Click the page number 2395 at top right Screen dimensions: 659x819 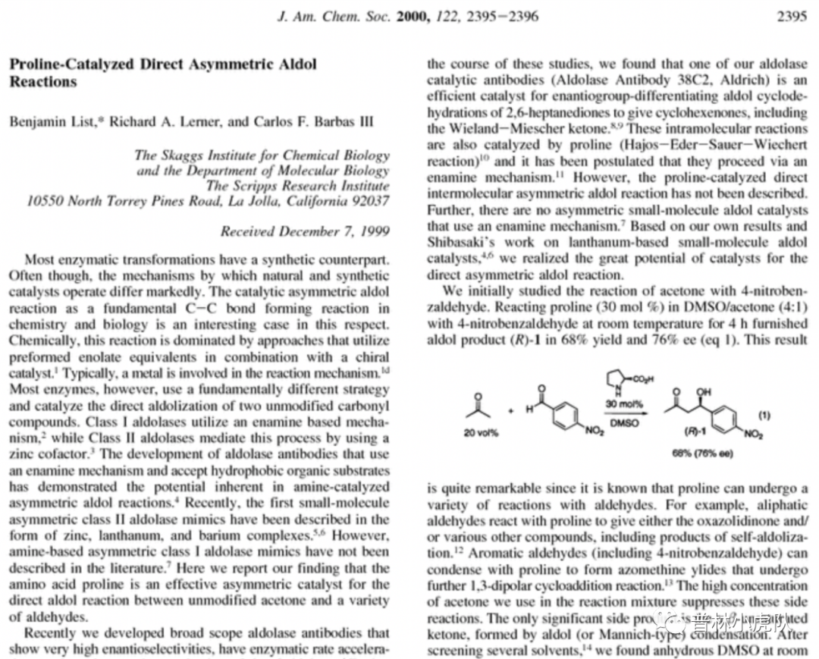coord(792,16)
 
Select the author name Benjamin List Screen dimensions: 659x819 coord(45,121)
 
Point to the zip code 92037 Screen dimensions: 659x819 coord(366,201)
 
